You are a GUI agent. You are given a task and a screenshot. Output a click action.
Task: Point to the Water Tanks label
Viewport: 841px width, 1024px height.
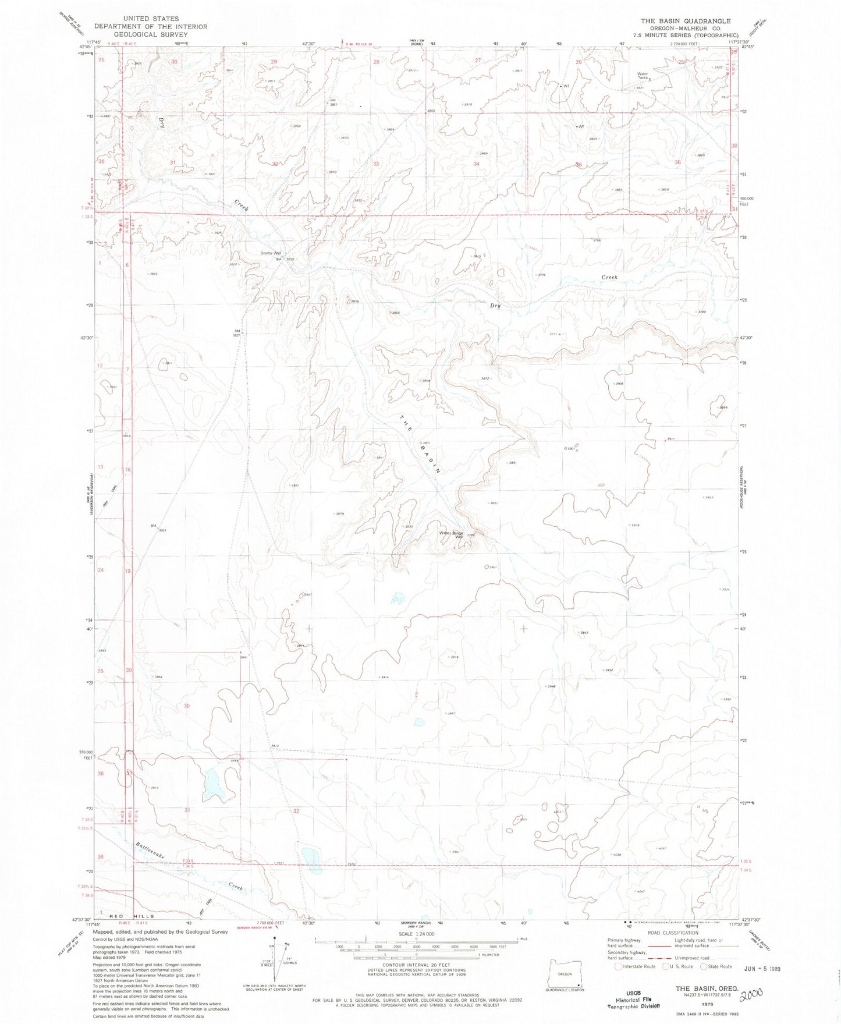coord(643,75)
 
